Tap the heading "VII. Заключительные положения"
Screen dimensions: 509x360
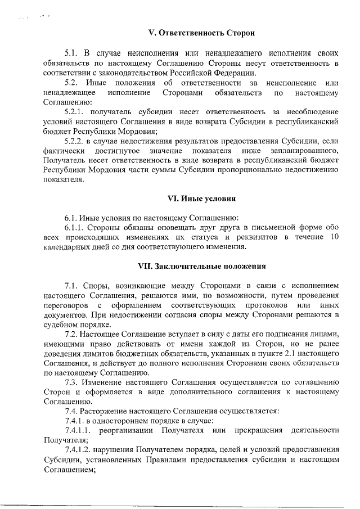point(201,265)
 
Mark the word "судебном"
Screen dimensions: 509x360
point(60,324)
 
